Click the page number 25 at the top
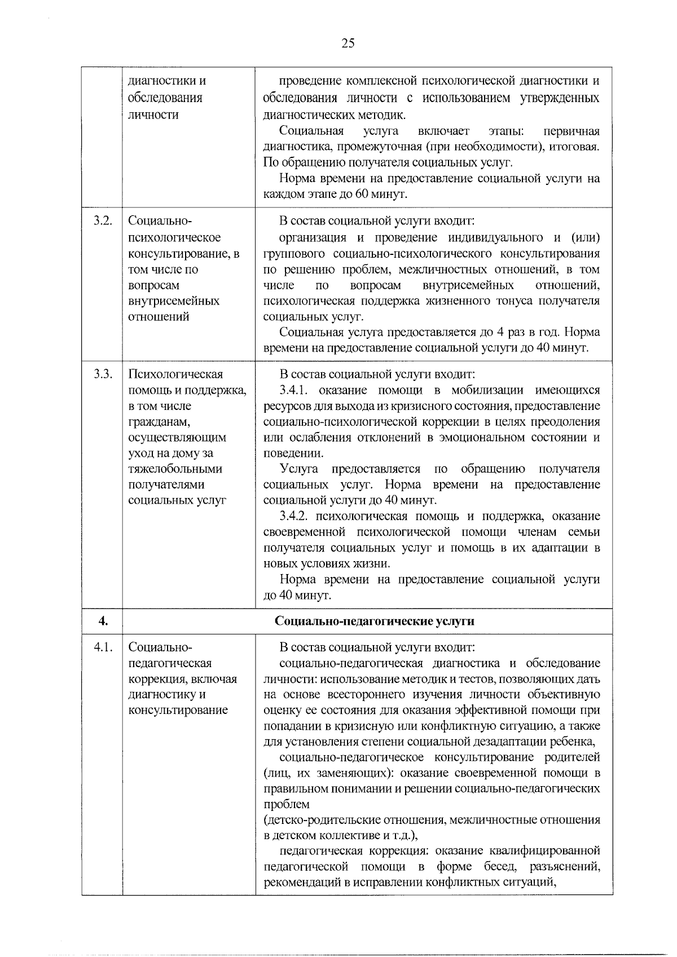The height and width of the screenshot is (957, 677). pos(348,43)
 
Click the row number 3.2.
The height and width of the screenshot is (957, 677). pos(103,221)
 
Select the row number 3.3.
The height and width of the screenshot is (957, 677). pos(103,374)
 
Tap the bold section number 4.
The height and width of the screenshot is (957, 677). pos(103,621)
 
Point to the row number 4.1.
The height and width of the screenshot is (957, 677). pos(103,647)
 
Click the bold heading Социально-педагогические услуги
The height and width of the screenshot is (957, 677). pos(375,621)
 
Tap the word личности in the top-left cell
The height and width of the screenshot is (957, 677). pos(153,115)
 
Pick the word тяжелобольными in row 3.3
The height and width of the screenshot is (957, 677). pos(175,469)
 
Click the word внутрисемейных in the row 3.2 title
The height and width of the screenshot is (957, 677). pos(174,301)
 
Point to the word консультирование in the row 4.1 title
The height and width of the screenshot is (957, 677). pos(178,711)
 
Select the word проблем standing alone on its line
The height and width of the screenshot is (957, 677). pos(287,804)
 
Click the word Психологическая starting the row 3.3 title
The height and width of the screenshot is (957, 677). pos(175,374)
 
